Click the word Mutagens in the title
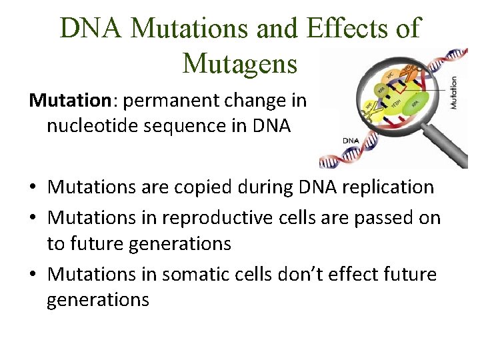(239, 63)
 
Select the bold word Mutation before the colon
(67, 101)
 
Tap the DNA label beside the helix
(352, 141)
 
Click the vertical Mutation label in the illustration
(454, 93)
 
